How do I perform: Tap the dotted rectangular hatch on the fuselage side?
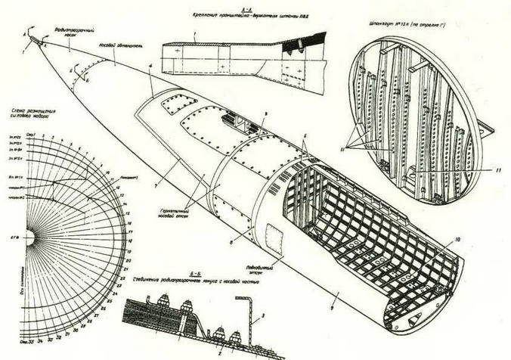click(273, 244)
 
